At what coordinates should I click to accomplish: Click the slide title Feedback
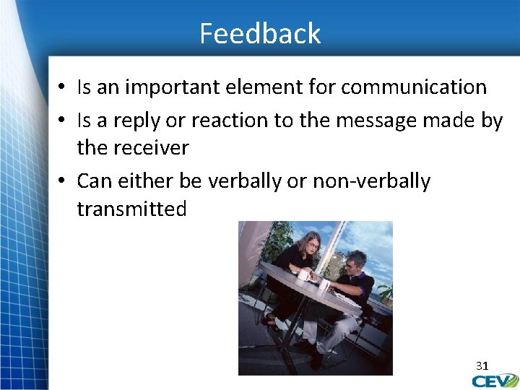260,34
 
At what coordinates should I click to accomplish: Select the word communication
414,87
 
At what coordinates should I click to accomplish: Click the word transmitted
131,209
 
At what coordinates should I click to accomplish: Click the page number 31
482,365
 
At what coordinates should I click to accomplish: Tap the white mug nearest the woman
303,275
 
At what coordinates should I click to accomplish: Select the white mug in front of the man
324,285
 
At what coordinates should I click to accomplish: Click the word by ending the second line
491,121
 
